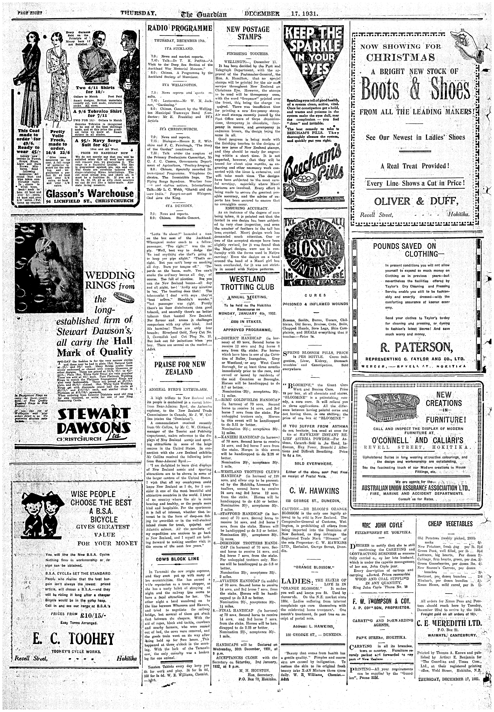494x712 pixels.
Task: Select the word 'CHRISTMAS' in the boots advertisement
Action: (401, 58)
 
